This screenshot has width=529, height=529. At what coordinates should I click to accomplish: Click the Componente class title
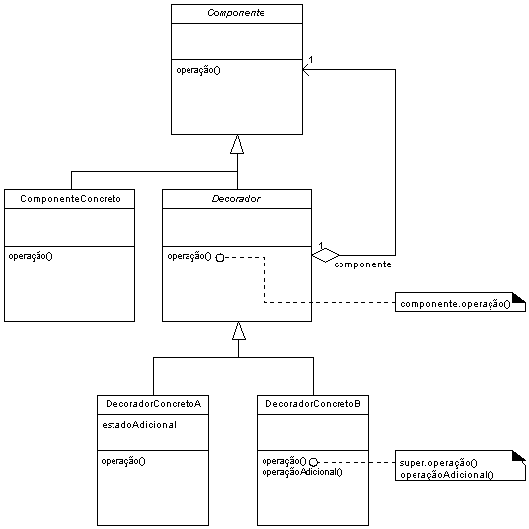[x=236, y=13]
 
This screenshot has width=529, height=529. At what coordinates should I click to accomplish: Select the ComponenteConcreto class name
[x=70, y=199]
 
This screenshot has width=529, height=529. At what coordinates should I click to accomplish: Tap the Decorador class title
[x=236, y=199]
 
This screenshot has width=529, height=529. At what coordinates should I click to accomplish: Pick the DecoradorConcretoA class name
[x=154, y=404]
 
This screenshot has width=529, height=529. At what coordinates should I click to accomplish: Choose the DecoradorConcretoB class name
[x=314, y=404]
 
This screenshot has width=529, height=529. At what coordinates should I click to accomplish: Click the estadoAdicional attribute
[x=139, y=425]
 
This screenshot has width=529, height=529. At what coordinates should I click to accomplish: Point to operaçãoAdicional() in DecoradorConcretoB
[x=302, y=472]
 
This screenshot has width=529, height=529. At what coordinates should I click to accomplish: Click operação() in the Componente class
[x=198, y=70]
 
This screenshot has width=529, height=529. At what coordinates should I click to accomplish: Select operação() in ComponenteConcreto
[x=31, y=256]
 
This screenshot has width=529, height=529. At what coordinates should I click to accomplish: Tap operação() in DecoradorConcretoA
[x=123, y=461]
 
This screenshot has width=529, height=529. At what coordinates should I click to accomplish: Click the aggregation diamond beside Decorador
[x=326, y=255]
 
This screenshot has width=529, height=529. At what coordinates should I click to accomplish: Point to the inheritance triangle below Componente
[x=237, y=144]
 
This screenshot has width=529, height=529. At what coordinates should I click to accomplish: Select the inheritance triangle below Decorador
[x=239, y=331]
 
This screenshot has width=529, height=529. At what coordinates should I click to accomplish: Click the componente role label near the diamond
[x=362, y=264]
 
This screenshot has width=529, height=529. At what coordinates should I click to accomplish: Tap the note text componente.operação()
[x=455, y=304]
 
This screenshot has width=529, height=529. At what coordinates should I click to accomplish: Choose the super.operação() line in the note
[x=438, y=463]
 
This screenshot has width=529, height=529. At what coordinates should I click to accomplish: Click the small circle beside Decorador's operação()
[x=220, y=258]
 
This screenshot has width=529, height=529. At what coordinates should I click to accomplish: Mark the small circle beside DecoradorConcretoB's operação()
[x=314, y=462]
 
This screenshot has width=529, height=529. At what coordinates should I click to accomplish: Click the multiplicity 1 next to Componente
[x=311, y=60]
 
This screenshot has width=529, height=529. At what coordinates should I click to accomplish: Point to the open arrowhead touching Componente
[x=306, y=70]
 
